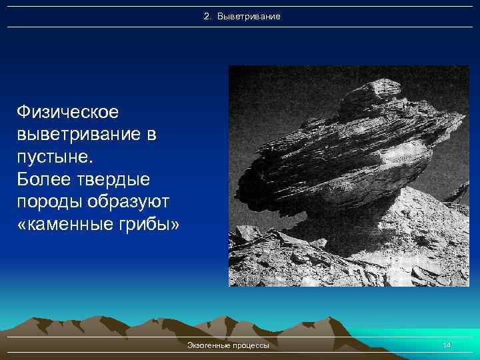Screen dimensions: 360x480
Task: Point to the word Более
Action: click(46, 180)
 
